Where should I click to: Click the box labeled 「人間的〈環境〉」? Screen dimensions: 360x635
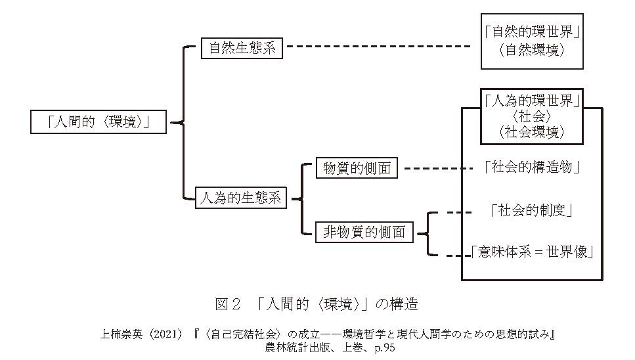pyautogui.click(x=99, y=122)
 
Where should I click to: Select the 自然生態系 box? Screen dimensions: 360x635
pyautogui.click(x=242, y=48)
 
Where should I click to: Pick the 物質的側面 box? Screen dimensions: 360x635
pyautogui.click(x=357, y=168)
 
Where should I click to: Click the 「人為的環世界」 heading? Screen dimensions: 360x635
pyautogui.click(x=531, y=101)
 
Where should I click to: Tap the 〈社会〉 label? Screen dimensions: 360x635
pyautogui.click(x=531, y=116)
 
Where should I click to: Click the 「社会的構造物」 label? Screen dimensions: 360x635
pyautogui.click(x=531, y=168)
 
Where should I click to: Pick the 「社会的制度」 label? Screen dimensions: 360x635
pyautogui.click(x=533, y=211)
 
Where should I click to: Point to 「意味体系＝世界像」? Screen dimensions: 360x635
pyautogui.click(x=533, y=252)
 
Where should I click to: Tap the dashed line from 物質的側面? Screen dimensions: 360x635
pyautogui.click(x=437, y=168)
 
